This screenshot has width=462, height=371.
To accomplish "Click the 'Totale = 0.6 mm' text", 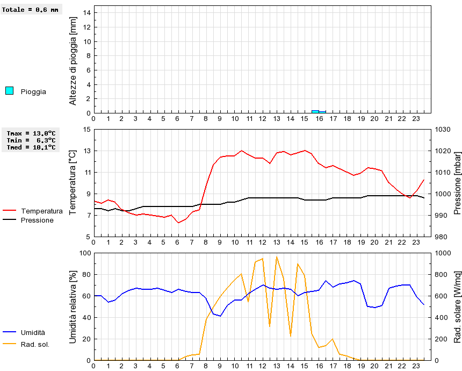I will coord(31,10).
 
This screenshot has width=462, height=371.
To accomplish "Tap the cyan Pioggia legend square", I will coord(9,91).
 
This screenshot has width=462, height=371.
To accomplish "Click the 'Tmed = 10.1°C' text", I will coord(31,147).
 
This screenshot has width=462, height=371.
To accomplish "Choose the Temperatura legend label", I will coord(42,211).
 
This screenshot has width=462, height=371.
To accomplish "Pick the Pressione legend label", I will coord(37,220).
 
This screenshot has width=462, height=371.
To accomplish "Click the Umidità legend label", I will coord(33,333).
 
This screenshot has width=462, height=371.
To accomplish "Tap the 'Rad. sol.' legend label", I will coord(35,344).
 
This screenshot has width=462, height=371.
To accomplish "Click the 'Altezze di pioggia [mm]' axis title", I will coord(74,60).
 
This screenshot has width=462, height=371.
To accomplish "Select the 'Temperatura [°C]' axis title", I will coord(74,183).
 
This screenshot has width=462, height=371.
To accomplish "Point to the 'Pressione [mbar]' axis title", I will coord(458,183).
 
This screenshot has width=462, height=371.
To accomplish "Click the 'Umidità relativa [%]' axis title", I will coord(74,306).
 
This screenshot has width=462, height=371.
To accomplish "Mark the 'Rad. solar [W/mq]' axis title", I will coord(458,306).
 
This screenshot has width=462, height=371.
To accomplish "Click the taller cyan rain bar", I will coord(315,111).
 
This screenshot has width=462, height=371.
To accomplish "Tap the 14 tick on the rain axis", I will coord(86,13).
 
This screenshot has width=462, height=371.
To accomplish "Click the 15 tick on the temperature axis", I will coord(86,130).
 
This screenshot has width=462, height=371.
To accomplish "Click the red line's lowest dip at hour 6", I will coord(178,223).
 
